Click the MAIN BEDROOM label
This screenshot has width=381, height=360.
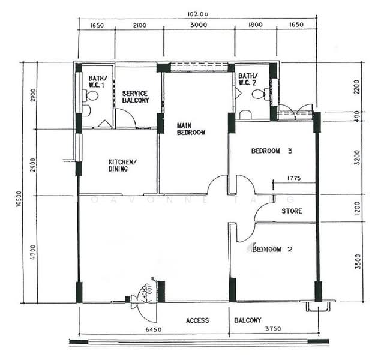[x=191, y=129]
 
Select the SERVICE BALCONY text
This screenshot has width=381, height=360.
[x=136, y=97]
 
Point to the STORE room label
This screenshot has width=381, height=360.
[x=292, y=211]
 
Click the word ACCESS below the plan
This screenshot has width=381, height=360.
[x=197, y=320]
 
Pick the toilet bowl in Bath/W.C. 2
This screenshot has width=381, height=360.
[x=259, y=94]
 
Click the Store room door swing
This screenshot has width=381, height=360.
[x=263, y=211]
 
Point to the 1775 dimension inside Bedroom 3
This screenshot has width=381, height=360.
[x=293, y=178]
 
